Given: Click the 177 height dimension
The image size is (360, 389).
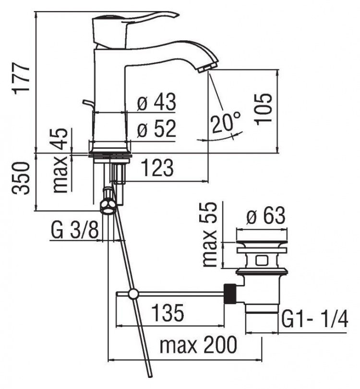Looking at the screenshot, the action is (22, 78).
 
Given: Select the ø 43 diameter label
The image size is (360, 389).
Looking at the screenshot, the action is (156, 102).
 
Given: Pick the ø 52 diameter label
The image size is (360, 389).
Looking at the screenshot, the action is (156, 129).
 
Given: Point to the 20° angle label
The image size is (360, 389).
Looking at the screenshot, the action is (226, 121).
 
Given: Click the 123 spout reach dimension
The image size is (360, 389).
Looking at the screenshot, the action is (157, 167).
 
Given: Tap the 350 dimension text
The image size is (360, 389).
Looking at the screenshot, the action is (21, 178).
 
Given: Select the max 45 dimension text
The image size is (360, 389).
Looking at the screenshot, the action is (60, 161).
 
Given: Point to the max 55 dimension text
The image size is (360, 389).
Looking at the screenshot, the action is (209, 234).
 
